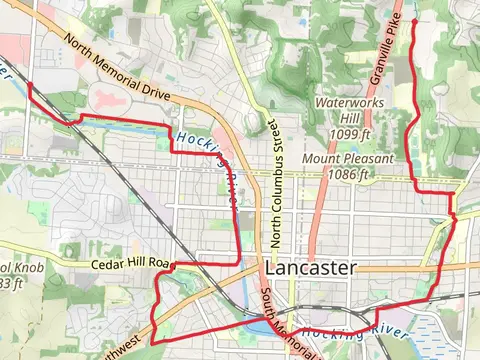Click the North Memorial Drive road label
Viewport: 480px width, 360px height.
[118, 67]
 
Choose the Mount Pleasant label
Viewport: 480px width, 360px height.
[343, 159]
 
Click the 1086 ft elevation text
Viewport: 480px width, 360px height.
[347, 174]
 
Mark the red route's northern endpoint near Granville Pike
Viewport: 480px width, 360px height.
[414, 18]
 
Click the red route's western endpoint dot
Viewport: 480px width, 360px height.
[30, 85]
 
